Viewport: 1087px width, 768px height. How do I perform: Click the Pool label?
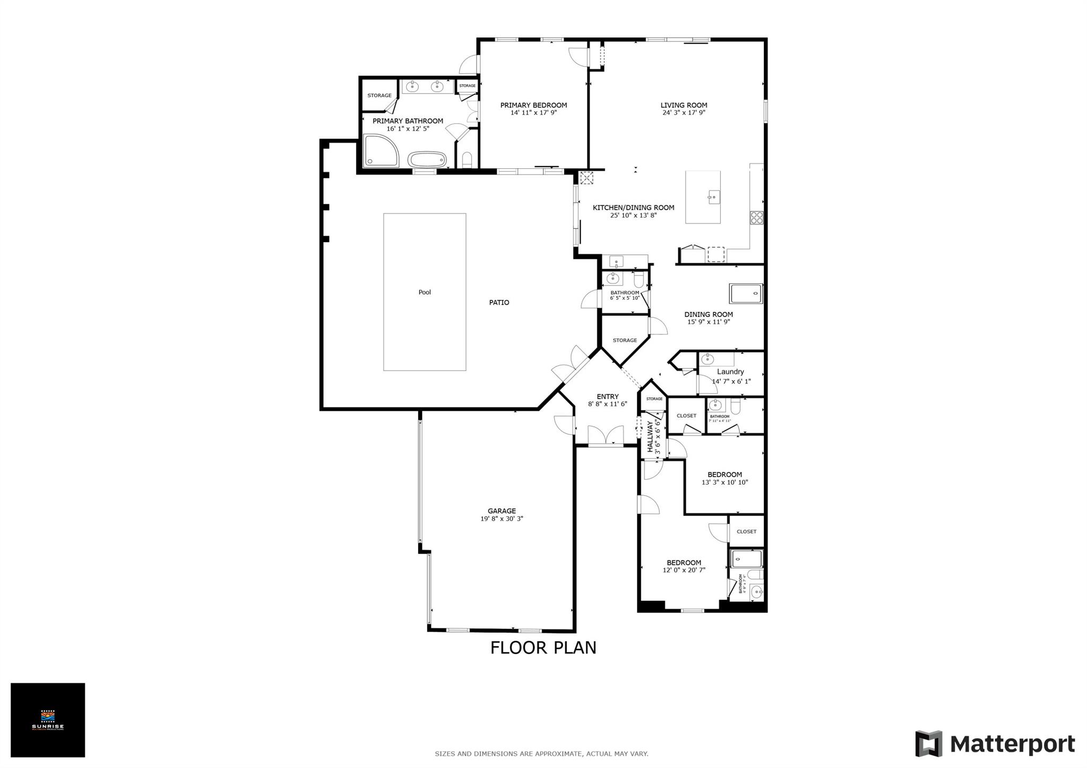coord(425,292)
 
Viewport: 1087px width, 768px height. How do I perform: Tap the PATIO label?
coord(499,303)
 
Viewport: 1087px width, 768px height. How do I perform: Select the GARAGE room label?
coord(502,511)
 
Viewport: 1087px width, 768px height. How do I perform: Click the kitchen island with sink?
coord(703,197)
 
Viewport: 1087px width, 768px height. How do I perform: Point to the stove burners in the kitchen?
coord(756,218)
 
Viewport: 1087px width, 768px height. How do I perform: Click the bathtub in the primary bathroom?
coord(427,159)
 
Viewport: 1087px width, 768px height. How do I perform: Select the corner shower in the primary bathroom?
coord(381,151)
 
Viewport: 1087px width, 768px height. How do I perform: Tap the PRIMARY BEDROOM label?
coord(533,105)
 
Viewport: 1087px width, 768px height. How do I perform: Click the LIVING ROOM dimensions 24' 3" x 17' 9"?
coord(684,113)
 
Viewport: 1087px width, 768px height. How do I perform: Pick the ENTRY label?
coord(607,396)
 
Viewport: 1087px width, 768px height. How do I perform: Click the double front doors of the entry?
coord(606,436)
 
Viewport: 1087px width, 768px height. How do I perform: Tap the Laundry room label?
coord(730,372)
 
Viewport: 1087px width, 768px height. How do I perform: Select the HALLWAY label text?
coord(651,437)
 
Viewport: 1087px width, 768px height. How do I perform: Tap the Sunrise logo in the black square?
coord(48,720)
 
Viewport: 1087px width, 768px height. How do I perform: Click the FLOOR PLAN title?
coord(543,648)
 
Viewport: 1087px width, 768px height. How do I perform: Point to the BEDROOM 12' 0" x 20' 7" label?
coord(684,566)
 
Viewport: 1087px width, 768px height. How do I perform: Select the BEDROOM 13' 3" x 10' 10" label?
coord(724,478)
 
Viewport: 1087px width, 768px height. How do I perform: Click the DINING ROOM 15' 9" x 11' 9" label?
coord(709,318)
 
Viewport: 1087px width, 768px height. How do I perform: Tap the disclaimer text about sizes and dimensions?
coord(541,754)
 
